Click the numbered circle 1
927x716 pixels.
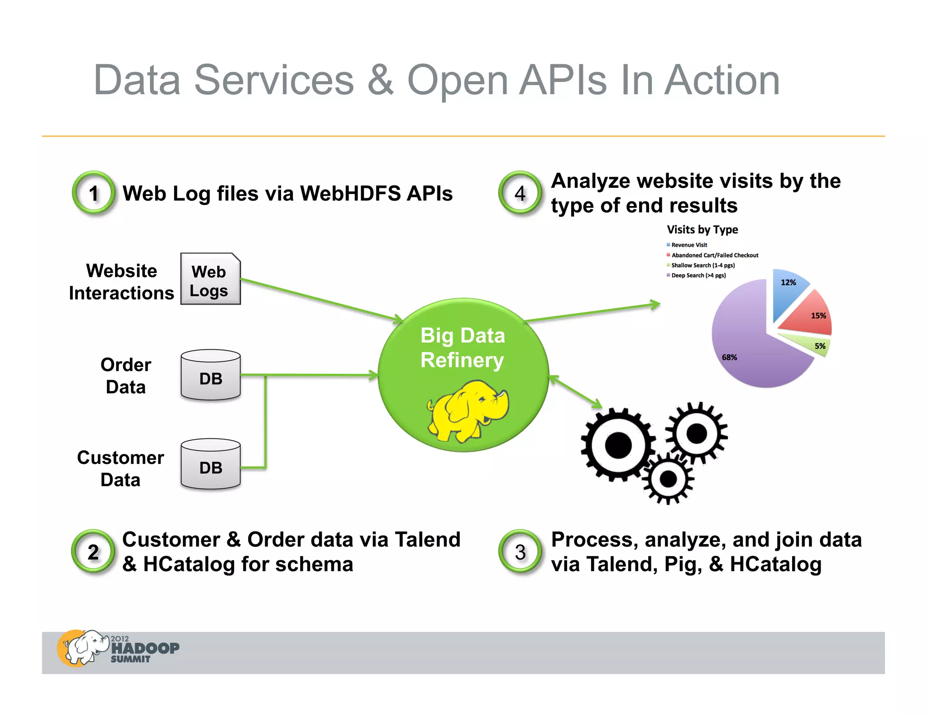pyautogui.click(x=94, y=193)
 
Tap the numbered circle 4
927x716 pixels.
pyautogui.click(x=520, y=193)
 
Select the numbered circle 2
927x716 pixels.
pyautogui.click(x=93, y=551)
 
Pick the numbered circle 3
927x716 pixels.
pyautogui.click(x=520, y=551)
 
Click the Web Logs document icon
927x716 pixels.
pyautogui.click(x=210, y=279)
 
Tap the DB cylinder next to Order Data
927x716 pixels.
pyautogui.click(x=210, y=375)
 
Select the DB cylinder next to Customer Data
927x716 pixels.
pyautogui.click(x=210, y=464)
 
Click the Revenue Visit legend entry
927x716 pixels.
pyautogui.click(x=688, y=245)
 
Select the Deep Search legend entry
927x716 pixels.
pyautogui.click(x=698, y=275)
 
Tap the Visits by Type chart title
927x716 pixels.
pyautogui.click(x=702, y=229)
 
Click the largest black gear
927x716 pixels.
pyautogui.click(x=618, y=445)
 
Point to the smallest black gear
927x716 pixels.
pyautogui.click(x=668, y=479)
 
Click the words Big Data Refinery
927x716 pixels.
pyautogui.click(x=462, y=348)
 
